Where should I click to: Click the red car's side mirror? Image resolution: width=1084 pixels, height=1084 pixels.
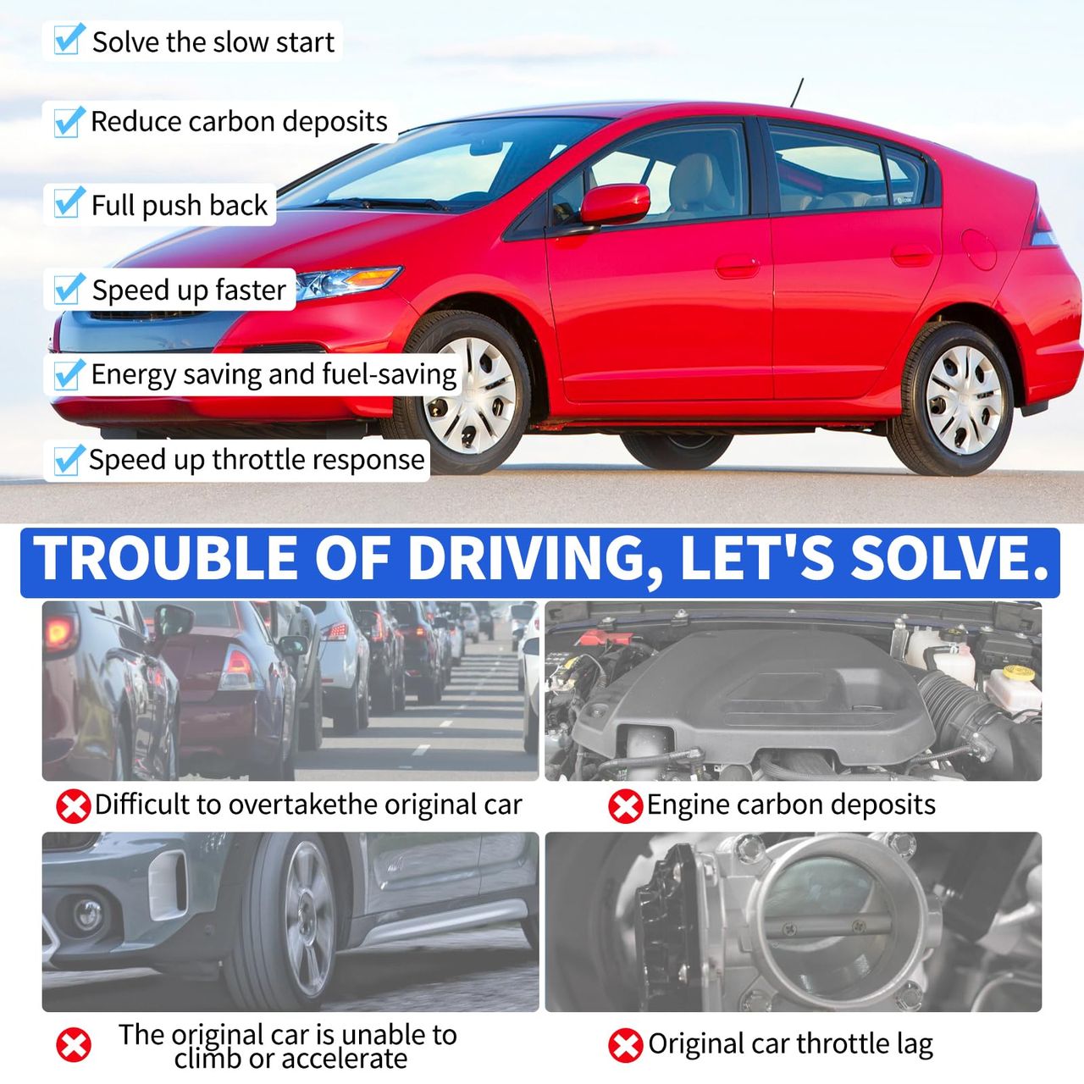(x=614, y=203)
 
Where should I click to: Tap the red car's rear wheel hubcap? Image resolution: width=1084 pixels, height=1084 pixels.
(x=964, y=400)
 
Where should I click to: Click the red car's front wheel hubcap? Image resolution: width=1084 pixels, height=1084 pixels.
(x=470, y=395)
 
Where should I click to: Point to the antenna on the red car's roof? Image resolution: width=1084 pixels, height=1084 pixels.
(x=797, y=92)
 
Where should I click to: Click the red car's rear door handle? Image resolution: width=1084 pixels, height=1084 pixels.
(x=912, y=254)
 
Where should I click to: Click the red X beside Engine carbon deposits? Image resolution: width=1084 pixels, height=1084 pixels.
(x=625, y=806)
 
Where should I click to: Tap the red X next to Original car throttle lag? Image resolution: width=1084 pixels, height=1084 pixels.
(x=625, y=1045)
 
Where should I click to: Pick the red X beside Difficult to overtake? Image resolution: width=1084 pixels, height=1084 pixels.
(x=73, y=806)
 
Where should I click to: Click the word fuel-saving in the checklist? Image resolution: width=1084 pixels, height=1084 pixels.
(x=390, y=374)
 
